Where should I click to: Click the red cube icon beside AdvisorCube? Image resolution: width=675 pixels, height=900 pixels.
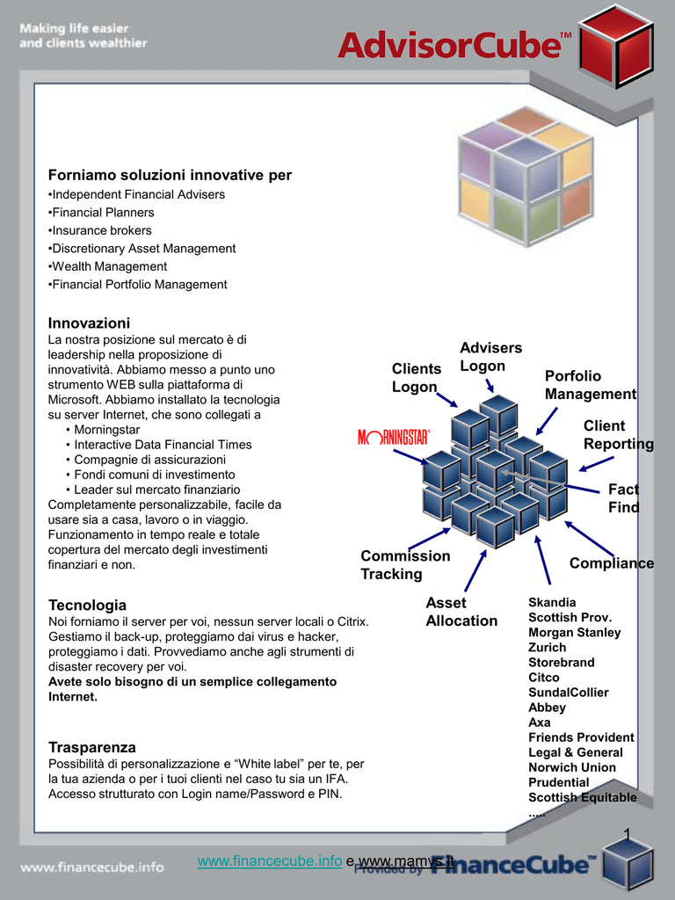click(616, 46)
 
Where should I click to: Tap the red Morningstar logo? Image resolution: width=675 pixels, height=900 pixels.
click(394, 438)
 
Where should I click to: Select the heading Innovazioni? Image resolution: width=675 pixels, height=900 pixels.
click(89, 323)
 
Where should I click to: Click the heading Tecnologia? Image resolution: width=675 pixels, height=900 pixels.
click(87, 605)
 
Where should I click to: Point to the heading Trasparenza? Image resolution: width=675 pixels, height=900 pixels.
click(92, 747)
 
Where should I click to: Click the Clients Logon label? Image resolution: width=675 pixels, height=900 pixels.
click(417, 378)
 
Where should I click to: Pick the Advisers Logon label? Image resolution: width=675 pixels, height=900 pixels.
click(490, 357)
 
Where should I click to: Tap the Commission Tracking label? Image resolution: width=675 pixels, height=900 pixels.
click(405, 565)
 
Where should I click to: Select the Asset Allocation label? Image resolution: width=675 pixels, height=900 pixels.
click(461, 612)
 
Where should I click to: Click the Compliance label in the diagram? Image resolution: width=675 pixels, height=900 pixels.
click(612, 563)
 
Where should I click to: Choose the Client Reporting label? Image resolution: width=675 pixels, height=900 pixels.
click(618, 434)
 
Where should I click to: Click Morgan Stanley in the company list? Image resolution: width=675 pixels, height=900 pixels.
click(575, 633)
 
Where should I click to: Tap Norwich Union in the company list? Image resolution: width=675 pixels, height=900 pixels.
click(572, 767)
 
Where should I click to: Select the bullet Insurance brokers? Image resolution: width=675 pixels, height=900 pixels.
click(100, 231)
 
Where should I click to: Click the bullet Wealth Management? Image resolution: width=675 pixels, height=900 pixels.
click(108, 267)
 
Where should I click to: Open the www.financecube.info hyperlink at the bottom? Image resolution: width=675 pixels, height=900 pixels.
click(270, 861)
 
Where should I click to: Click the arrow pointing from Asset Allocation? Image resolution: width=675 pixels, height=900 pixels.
click(475, 570)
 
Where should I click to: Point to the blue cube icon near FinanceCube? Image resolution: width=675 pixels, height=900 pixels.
click(628, 865)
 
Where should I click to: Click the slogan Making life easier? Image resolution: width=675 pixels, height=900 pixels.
click(74, 28)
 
